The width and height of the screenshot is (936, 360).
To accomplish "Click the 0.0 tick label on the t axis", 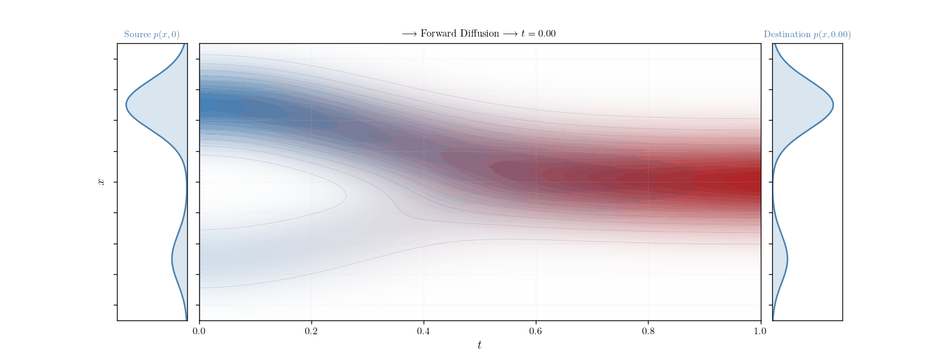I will (199, 331).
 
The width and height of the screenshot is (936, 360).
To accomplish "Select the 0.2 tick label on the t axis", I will (311, 331).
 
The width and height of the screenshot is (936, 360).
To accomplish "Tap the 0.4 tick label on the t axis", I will (424, 331).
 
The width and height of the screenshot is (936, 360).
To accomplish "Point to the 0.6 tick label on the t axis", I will (536, 331).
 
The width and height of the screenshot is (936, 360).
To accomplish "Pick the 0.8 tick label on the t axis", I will (648, 331).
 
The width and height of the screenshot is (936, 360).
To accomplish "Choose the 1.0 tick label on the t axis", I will (760, 331).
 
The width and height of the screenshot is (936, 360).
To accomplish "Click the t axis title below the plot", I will (479, 345).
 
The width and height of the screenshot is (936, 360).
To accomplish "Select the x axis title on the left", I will (101, 182).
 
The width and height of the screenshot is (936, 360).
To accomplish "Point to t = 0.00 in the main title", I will (538, 34).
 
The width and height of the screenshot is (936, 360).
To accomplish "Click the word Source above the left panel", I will (137, 35).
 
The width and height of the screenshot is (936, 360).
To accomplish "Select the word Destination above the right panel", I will (787, 35).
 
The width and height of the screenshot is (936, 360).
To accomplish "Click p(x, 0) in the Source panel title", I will (166, 35).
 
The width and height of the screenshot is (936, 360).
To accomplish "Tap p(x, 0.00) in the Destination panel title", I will (832, 35).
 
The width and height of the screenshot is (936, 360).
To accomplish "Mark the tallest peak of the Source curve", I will (127, 106).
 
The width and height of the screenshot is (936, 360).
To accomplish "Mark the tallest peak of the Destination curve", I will (833, 106).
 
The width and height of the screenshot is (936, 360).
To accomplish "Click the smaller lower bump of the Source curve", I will (172, 259).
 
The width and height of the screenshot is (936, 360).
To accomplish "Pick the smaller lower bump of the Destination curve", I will (787, 259).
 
